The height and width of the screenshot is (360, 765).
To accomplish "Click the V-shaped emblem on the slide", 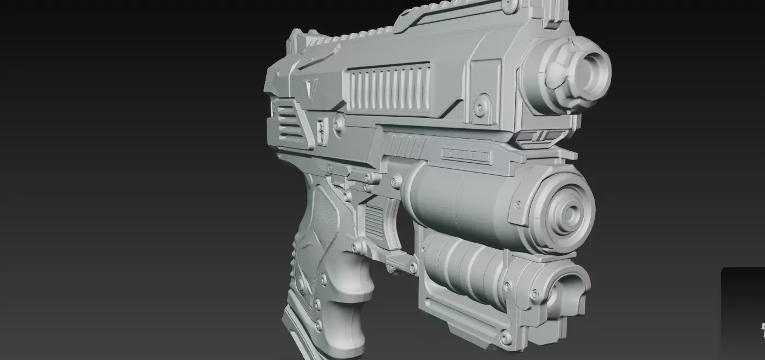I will click(312, 88).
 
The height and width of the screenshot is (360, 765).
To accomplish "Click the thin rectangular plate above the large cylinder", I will click(466, 155).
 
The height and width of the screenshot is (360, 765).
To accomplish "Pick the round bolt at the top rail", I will click(509, 5).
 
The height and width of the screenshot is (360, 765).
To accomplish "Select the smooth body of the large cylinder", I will click(460, 203).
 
